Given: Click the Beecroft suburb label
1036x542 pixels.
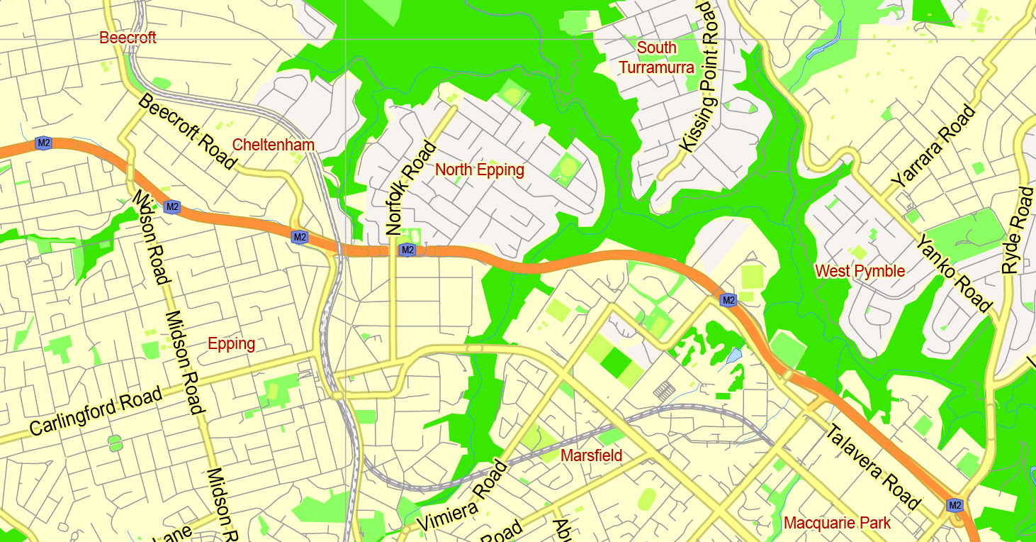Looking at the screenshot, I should pos(128,38).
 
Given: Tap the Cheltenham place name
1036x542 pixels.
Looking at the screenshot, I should pos(273,145).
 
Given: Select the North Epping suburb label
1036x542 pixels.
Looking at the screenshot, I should pos(480,170).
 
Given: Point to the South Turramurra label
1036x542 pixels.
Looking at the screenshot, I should pos(657,57).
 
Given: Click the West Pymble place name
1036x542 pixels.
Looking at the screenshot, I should pos(860,271).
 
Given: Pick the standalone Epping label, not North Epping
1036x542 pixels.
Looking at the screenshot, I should pos(231,344).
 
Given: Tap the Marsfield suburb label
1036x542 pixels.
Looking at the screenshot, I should pos(591,455).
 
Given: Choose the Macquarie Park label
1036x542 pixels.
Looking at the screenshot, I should pos(837,524).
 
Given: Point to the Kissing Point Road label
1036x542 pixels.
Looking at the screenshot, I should pos(699,77).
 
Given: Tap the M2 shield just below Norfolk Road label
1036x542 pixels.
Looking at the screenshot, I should pos(406,250).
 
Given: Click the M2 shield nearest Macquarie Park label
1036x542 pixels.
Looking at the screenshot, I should pos(955,505).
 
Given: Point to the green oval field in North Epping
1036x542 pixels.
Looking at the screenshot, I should pos(568,168).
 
